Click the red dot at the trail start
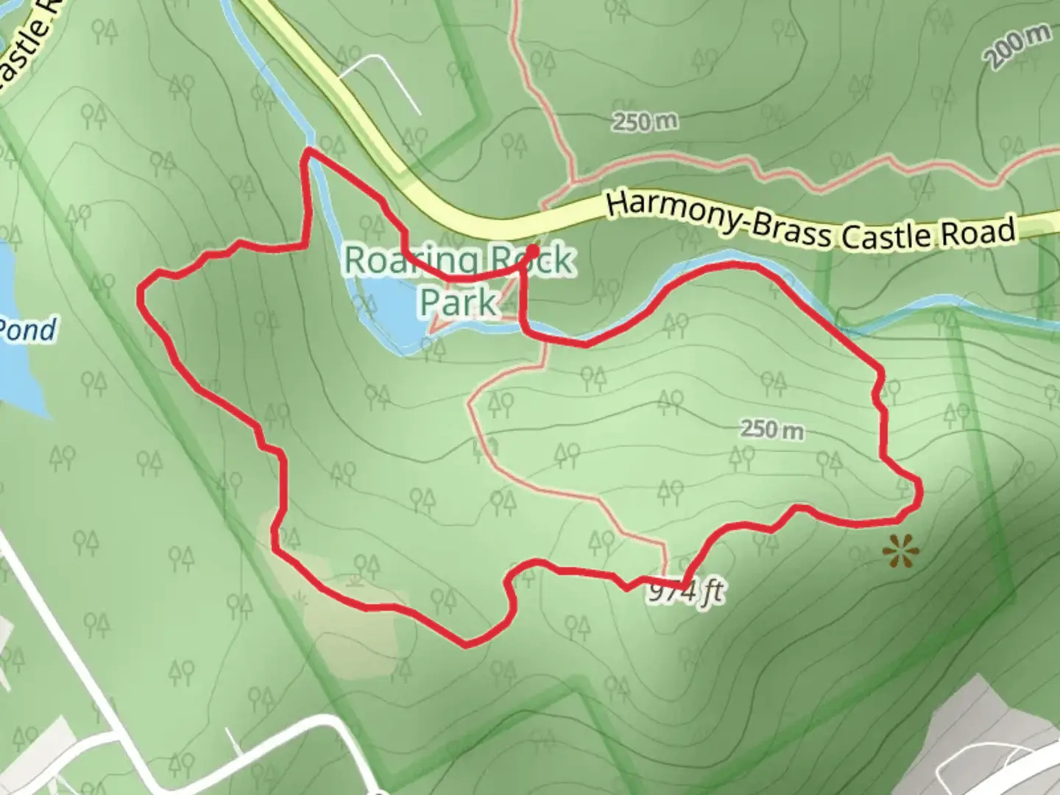pos(531,251)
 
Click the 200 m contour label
pos(1020,46)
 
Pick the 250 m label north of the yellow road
pos(646,122)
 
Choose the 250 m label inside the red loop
pos(771,428)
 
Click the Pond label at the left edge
pos(28,331)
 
